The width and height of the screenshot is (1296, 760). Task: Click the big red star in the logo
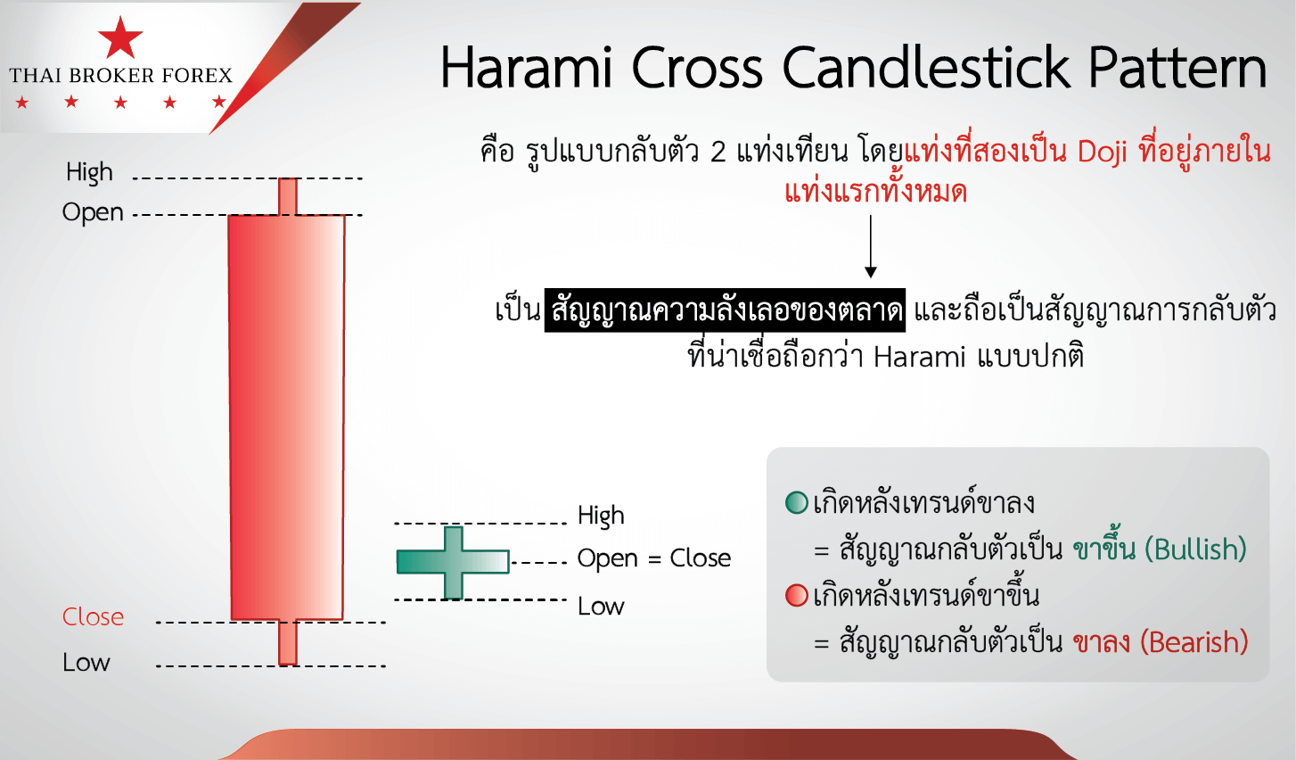pyautogui.click(x=120, y=38)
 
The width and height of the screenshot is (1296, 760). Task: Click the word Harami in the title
pyautogui.click(x=526, y=68)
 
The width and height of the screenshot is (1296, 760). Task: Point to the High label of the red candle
pyautogui.click(x=89, y=172)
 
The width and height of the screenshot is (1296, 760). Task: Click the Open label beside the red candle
pyautogui.click(x=93, y=212)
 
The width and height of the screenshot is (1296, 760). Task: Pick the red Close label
pyautogui.click(x=93, y=617)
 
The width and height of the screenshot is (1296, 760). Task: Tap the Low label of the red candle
pyautogui.click(x=86, y=663)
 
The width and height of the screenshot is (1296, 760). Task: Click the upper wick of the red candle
pyautogui.click(x=288, y=197)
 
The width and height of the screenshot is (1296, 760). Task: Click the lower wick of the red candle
pyautogui.click(x=288, y=642)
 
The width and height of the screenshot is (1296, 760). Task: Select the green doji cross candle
pyautogui.click(x=453, y=562)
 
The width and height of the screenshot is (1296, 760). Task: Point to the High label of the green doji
pyautogui.click(x=601, y=516)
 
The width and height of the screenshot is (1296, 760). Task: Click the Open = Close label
pyautogui.click(x=654, y=558)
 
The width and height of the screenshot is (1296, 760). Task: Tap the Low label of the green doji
pyautogui.click(x=601, y=607)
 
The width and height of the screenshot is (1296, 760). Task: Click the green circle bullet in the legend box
pyautogui.click(x=797, y=502)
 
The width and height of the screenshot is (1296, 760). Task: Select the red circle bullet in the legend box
pyautogui.click(x=797, y=595)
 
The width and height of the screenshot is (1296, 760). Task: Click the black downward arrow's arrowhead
pyautogui.click(x=871, y=272)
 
